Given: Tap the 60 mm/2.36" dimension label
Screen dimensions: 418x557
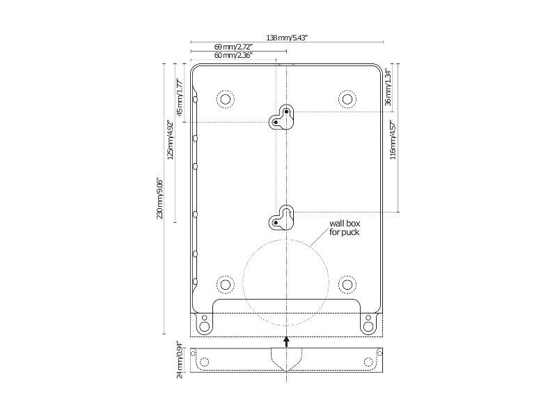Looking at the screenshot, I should pos(233,54).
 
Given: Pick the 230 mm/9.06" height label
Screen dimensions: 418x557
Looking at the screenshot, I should pos(159,199).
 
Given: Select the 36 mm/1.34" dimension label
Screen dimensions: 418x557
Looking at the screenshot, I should pos(388,86).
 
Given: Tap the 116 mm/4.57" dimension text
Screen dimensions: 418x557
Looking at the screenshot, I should pos(393,141).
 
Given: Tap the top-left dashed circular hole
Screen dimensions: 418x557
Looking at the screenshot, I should pos(224,99).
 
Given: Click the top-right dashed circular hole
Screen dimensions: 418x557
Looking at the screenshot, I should pos(346,99).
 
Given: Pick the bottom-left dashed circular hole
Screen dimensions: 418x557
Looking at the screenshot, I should pos(224,284).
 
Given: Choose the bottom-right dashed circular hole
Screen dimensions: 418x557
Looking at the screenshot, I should pos(346,284).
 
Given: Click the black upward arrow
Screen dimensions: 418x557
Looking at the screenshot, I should pos(286,340).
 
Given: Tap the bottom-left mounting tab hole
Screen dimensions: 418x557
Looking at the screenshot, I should pos(204,325).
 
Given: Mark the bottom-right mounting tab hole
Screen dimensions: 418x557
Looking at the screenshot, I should pos(368,325).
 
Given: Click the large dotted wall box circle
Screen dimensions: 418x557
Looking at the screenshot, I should pos(286,282).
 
